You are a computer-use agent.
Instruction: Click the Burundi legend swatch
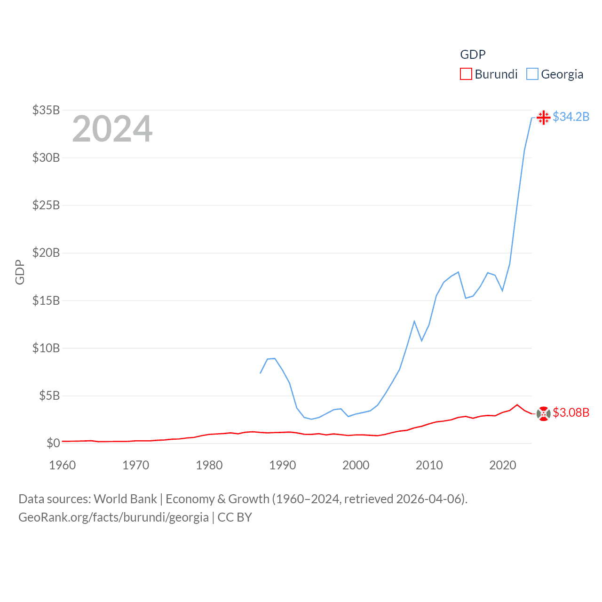coord(466,74)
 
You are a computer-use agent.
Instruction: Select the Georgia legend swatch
coord(532,74)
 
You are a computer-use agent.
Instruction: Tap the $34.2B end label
coord(571,117)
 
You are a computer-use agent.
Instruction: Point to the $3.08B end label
coord(571,412)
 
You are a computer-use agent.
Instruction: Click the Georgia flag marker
coord(543,117)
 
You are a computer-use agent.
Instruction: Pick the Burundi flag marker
coord(543,413)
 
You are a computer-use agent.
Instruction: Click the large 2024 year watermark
coord(112,129)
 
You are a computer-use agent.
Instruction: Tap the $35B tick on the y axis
coord(46,110)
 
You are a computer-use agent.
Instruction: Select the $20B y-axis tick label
coord(46,253)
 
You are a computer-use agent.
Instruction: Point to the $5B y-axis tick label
coord(49,396)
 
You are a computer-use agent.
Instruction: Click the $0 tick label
coord(53,443)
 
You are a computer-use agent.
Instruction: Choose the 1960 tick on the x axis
coord(63,465)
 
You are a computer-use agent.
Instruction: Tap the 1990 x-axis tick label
coord(283,465)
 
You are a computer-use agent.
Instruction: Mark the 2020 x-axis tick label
coord(503,465)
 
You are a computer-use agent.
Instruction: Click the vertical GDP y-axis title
coord(20,272)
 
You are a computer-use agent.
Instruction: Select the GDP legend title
coord(473,55)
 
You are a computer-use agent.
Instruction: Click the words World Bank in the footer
coord(125,499)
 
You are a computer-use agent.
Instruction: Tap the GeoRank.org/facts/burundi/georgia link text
coord(113,517)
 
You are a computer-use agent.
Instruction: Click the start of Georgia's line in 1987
coord(260,373)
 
